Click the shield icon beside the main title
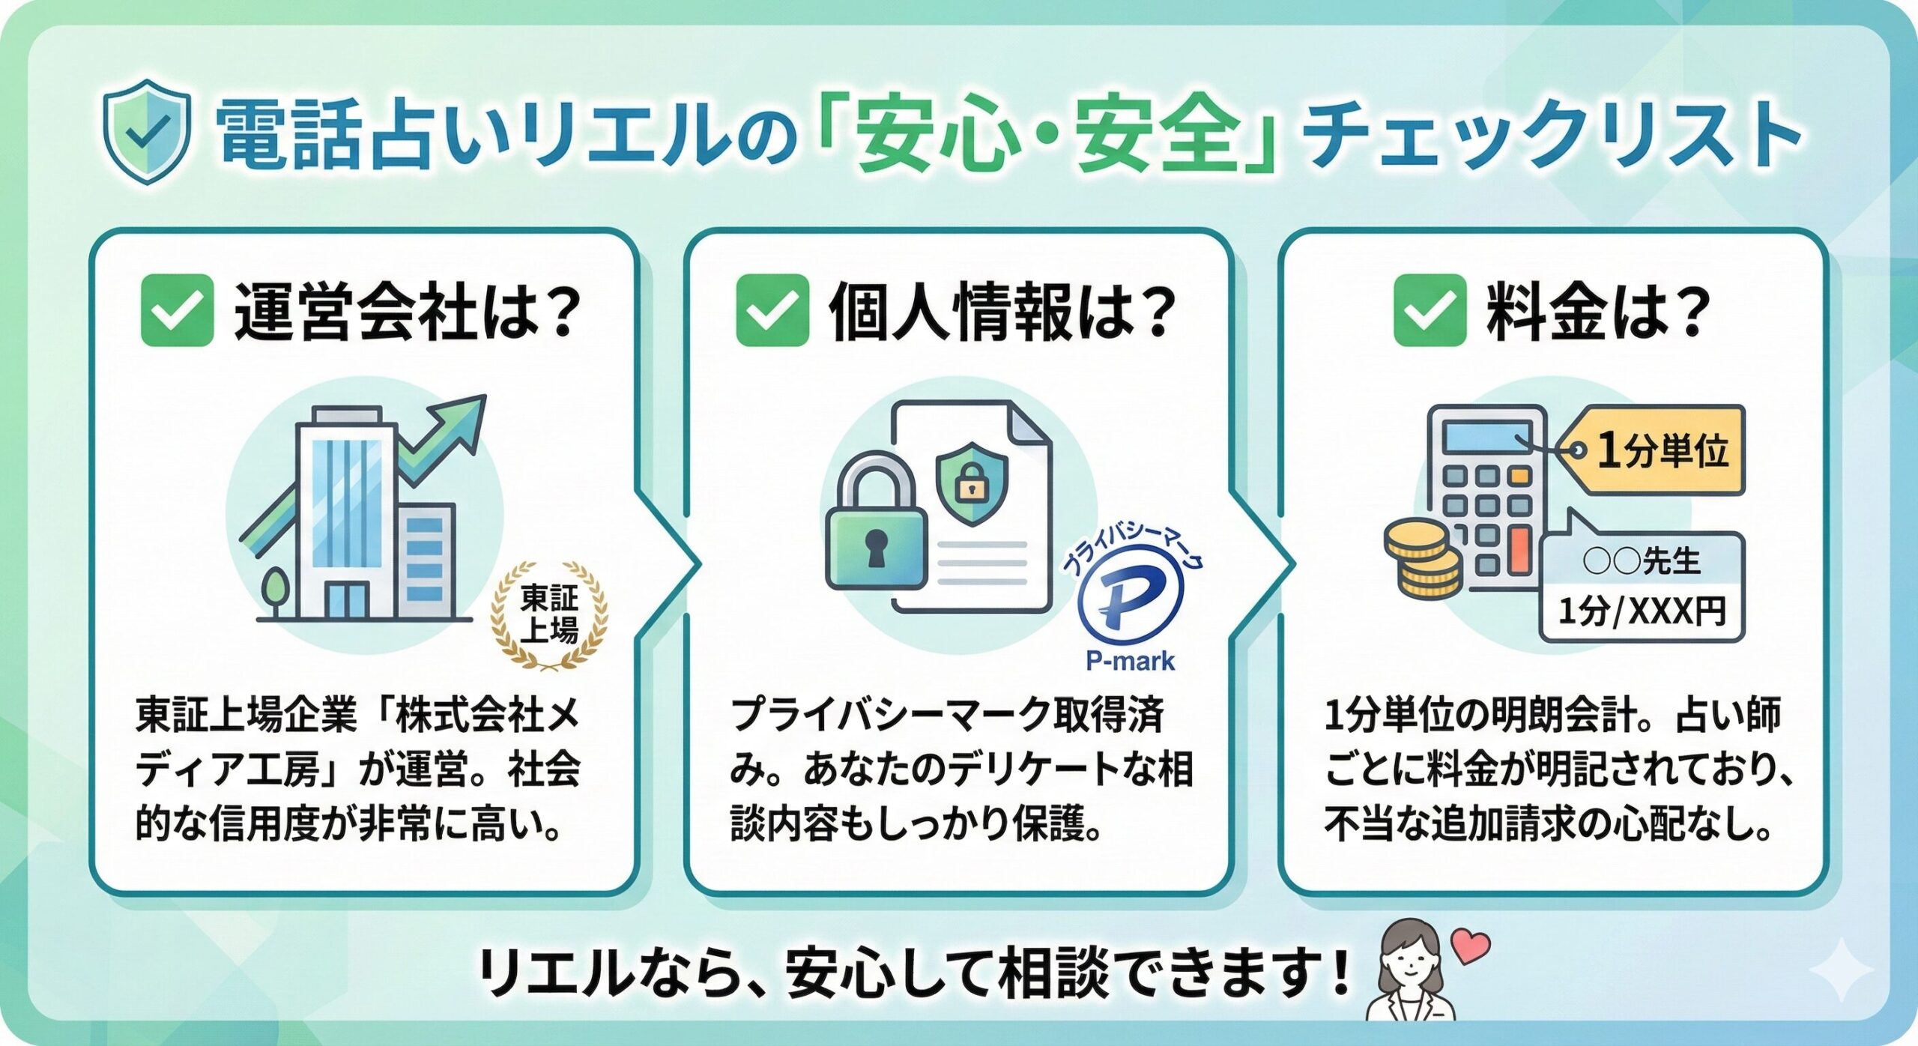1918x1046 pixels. click(x=147, y=132)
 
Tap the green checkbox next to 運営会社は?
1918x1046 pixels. click(x=178, y=310)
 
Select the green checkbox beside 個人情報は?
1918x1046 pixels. click(x=772, y=310)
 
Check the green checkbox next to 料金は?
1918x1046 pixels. click(x=1430, y=310)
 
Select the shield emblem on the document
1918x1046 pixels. click(x=972, y=483)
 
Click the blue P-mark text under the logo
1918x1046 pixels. click(x=1131, y=661)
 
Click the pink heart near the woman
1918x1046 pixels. click(x=1470, y=946)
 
